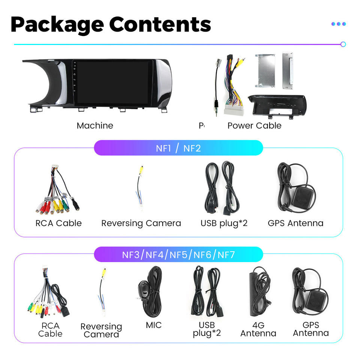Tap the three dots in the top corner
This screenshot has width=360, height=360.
click(x=338, y=24)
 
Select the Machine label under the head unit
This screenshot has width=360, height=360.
click(x=95, y=126)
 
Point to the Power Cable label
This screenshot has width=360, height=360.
click(x=254, y=126)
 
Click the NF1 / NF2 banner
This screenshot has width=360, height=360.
click(x=178, y=148)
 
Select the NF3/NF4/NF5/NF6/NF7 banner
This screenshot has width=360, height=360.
click(x=178, y=255)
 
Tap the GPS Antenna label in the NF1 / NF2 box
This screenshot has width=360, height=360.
click(x=295, y=223)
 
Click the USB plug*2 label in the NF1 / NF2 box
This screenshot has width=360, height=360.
click(x=224, y=223)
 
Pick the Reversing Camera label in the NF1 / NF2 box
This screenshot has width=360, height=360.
click(x=141, y=223)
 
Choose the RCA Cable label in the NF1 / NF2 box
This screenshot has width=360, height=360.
click(x=58, y=223)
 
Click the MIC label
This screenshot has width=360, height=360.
click(x=154, y=325)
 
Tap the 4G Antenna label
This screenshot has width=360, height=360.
click(x=258, y=329)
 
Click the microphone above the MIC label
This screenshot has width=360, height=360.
click(x=144, y=288)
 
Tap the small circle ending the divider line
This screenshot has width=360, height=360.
click(x=343, y=44)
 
